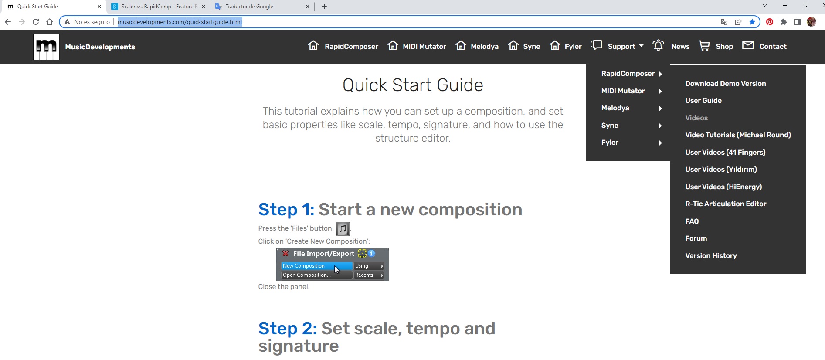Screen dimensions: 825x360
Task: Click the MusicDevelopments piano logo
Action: tap(46, 47)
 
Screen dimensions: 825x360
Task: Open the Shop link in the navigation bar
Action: tap(716, 46)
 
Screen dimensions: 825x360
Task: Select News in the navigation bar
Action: tap(671, 46)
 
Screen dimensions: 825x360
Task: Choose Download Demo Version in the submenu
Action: tap(725, 83)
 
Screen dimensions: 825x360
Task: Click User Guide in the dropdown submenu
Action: tap(703, 100)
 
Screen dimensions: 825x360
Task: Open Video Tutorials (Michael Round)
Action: tap(738, 135)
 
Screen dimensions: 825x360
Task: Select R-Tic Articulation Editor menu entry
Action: tap(726, 204)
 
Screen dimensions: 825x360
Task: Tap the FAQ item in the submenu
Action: tap(692, 221)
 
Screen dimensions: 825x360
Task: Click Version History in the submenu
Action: tap(711, 255)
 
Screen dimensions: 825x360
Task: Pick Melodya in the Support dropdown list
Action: tap(615, 108)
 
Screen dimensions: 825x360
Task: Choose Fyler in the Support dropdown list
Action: tap(610, 142)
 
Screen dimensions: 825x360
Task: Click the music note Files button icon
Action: tap(343, 228)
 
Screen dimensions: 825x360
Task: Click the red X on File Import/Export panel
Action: tap(285, 253)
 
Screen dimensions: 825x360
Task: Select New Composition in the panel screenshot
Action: tap(304, 266)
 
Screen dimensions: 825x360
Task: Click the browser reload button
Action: tap(36, 22)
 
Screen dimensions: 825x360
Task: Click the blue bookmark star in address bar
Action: tap(752, 22)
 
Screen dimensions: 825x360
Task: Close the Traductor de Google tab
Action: tap(308, 7)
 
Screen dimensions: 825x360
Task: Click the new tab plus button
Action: tap(324, 7)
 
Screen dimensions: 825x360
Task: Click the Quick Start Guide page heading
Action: tap(413, 85)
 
